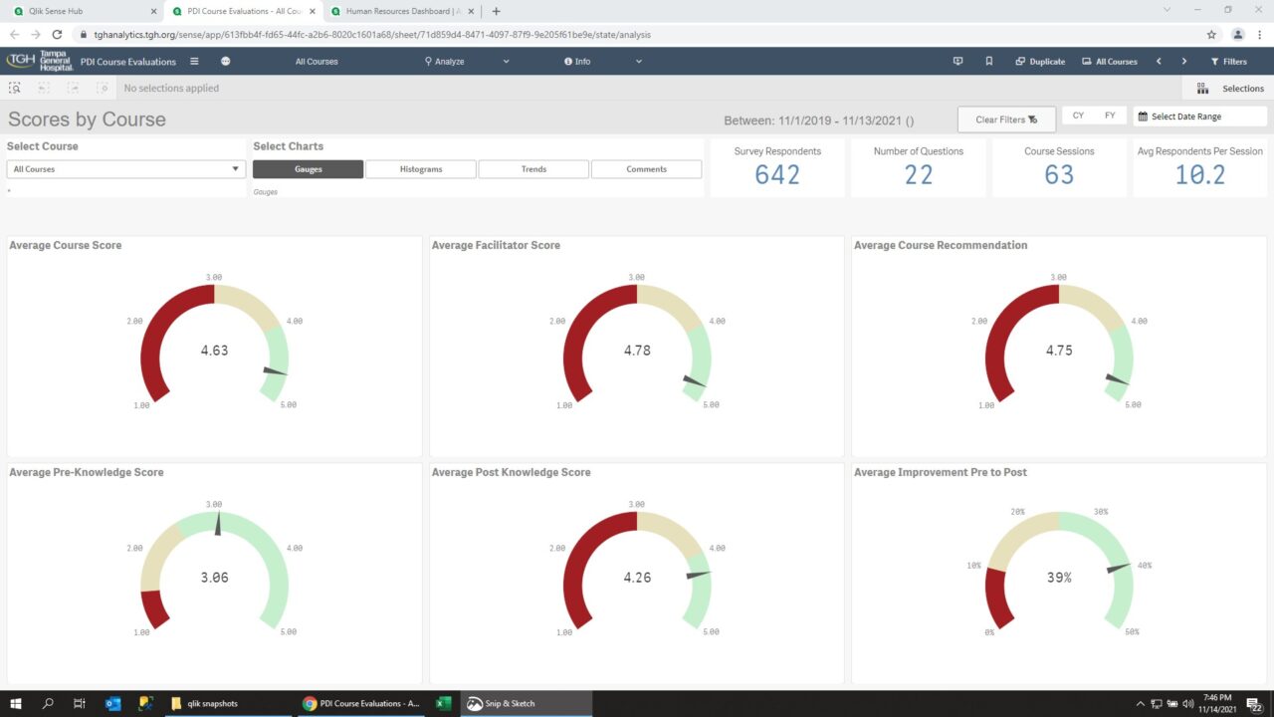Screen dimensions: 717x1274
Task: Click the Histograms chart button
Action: pyautogui.click(x=421, y=169)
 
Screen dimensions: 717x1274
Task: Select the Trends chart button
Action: pyautogui.click(x=533, y=169)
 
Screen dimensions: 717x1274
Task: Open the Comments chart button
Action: pyautogui.click(x=646, y=169)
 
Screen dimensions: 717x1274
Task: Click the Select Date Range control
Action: pyautogui.click(x=1199, y=117)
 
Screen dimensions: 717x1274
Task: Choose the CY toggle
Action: pyautogui.click(x=1078, y=116)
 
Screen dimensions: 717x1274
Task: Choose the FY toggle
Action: pyautogui.click(x=1110, y=116)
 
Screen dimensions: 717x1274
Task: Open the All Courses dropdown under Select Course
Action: pyautogui.click(x=125, y=169)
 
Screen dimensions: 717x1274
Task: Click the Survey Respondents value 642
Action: pyautogui.click(x=777, y=175)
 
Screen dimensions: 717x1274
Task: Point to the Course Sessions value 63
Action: pyautogui.click(x=1059, y=175)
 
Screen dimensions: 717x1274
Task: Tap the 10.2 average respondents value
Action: pyautogui.click(x=1199, y=175)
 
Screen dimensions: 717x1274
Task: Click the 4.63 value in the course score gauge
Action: pyautogui.click(x=214, y=351)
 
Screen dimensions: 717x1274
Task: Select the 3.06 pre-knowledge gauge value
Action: pyautogui.click(x=214, y=578)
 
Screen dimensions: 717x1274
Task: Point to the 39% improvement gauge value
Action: pyautogui.click(x=1059, y=578)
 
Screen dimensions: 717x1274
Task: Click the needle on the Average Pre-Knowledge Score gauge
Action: pyautogui.click(x=217, y=523)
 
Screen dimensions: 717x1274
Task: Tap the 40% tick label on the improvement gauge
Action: pyautogui.click(x=1144, y=566)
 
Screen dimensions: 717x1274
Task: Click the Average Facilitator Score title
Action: pyautogui.click(x=496, y=245)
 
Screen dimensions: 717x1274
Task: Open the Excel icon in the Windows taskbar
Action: pyautogui.click(x=444, y=703)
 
